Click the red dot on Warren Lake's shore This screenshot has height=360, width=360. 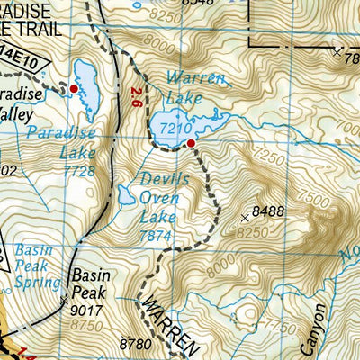pos(191,143)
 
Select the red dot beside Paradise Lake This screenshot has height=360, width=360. pos(73,89)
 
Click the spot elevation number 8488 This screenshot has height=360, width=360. pos(270,212)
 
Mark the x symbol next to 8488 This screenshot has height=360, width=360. pos(246,217)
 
